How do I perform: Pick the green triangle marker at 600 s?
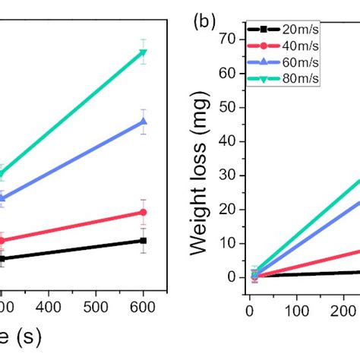click(x=143, y=52)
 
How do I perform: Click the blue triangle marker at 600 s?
click(x=143, y=121)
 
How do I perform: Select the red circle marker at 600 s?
click(x=143, y=212)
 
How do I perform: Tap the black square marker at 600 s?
click(x=143, y=240)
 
